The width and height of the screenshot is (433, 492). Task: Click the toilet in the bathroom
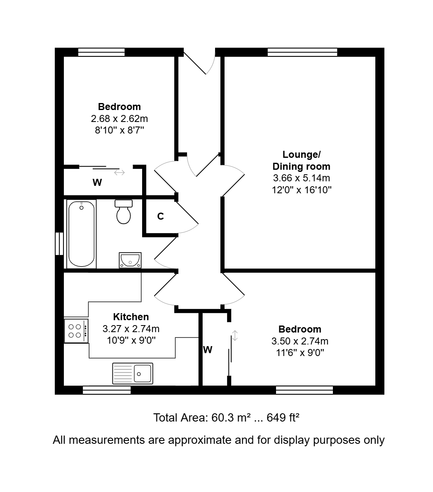pos(124,212)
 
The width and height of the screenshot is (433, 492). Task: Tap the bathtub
pos(82,234)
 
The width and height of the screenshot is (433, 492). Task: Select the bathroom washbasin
pos(130,260)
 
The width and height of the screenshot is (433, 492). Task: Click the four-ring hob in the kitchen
pos(76,331)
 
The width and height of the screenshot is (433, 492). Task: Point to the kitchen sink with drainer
pos(133,374)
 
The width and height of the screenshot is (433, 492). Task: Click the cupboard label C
pos(160,216)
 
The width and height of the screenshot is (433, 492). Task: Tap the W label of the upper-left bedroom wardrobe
pos(97,182)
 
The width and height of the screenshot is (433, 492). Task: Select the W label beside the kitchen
pos(208,349)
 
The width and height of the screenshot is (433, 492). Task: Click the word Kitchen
pos(131,316)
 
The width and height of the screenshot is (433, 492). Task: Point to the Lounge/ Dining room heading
pos(301,160)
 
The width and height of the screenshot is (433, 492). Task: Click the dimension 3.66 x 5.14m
pos(302,178)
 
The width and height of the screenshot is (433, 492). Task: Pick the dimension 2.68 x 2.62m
pos(119,119)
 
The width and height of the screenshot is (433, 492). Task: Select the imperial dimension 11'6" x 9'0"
pos(300,353)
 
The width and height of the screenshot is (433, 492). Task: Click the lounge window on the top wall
pos(302,52)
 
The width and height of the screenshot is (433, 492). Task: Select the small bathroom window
pos(59,244)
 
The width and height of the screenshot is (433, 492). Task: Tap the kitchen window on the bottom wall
pos(107,390)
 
